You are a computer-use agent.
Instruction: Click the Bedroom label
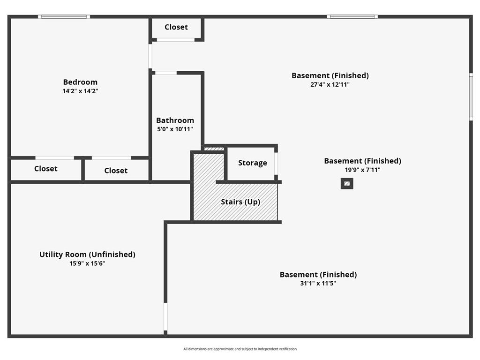click(x=80, y=82)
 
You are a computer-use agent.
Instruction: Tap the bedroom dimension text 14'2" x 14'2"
click(x=80, y=91)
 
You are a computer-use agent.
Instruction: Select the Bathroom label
click(x=175, y=120)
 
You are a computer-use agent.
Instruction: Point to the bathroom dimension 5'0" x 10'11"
click(x=175, y=129)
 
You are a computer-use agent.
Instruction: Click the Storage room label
click(x=253, y=163)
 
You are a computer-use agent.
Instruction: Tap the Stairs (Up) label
click(x=240, y=202)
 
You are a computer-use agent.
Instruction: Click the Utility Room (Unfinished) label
click(x=87, y=255)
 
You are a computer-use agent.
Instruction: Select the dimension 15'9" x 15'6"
click(x=87, y=263)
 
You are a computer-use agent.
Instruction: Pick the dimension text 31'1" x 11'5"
click(x=318, y=283)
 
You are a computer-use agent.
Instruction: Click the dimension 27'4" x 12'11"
click(x=330, y=84)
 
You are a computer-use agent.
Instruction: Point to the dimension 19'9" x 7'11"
click(x=362, y=170)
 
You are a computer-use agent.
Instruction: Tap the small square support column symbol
click(x=347, y=184)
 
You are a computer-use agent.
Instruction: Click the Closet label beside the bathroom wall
click(x=116, y=171)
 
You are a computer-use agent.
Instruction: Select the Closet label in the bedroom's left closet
click(x=46, y=169)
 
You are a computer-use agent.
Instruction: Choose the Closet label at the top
click(x=176, y=27)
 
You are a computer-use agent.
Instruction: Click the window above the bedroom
click(x=64, y=17)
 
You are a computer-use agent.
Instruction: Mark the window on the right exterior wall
click(x=471, y=97)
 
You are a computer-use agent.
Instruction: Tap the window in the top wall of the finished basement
click(x=352, y=17)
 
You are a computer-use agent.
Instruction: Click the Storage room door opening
click(x=276, y=164)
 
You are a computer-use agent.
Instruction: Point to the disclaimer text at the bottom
click(x=240, y=349)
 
